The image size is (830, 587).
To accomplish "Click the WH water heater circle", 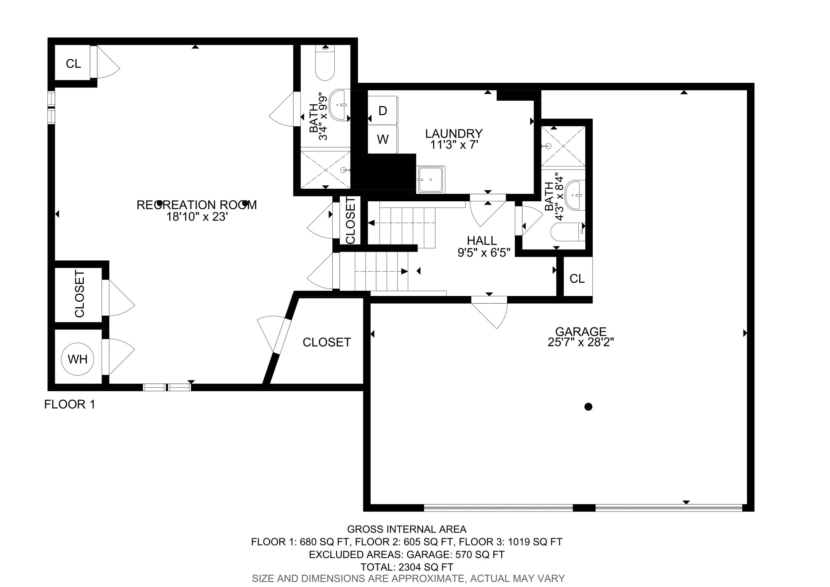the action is pos(78,359).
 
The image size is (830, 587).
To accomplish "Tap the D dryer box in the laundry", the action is pos(382,110).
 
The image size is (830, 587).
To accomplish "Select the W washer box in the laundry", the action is pos(382,139).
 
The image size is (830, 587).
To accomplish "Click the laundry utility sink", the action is pos(431,179).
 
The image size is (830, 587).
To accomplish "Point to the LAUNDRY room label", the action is pos(454,134).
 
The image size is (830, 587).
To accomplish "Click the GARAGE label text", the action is pos(581,331).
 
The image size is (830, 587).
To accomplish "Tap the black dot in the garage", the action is pos(588,407).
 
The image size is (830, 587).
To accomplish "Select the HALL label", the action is pos(482,241).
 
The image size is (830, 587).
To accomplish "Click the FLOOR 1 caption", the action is pos(70,404).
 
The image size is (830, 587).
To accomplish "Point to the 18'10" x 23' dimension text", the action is pos(197,217).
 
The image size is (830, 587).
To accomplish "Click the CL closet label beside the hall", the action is pos(577,278).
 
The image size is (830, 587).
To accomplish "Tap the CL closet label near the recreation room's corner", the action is pos(73,64).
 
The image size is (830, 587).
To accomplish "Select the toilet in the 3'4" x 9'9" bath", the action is pos(325,63).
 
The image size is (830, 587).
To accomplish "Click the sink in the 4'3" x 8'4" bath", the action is pos(575,195).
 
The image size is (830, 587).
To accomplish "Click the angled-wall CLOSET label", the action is pos(327,342).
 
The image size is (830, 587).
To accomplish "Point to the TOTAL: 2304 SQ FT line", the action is pos(407,567).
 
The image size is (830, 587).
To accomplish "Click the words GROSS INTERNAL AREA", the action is pos(407,529).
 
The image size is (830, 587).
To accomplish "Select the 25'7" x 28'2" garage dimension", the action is pos(581,342).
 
